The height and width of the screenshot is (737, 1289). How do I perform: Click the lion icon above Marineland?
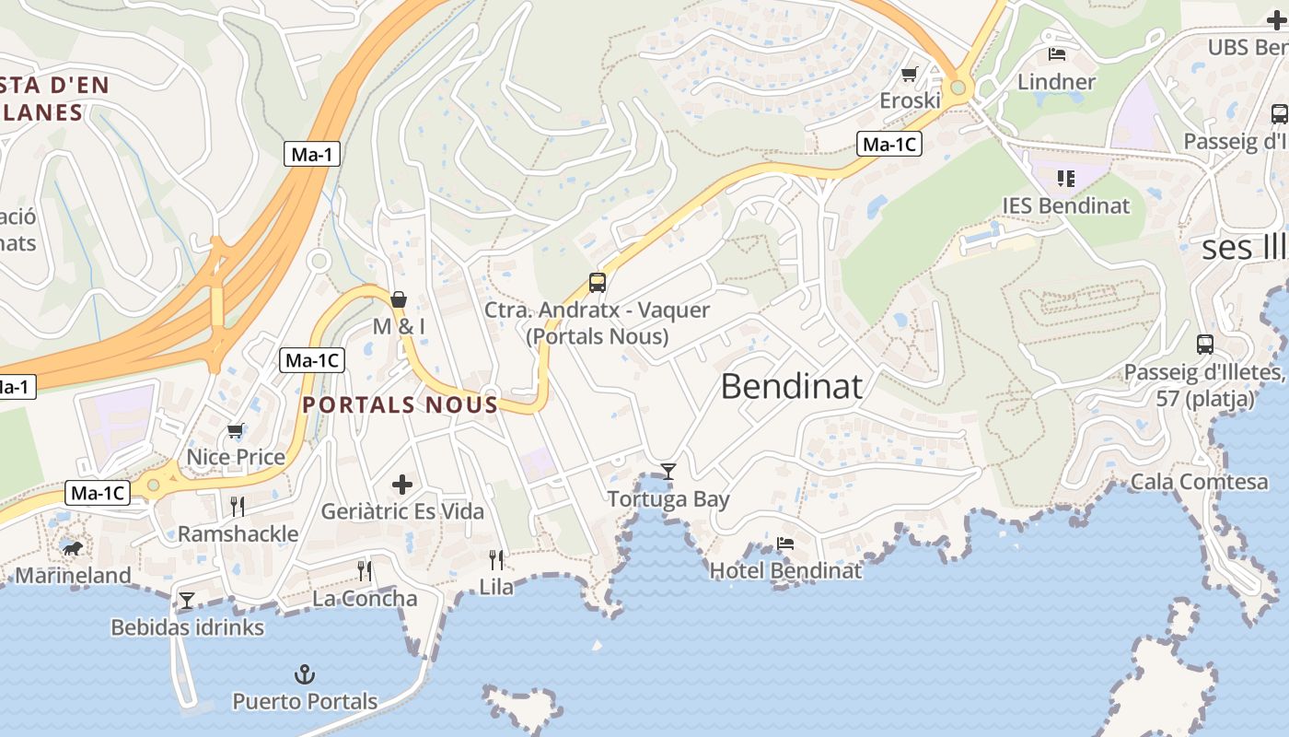click(72, 549)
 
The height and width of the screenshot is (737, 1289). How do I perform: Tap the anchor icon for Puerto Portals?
click(304, 674)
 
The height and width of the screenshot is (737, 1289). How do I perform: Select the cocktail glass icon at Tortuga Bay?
click(668, 472)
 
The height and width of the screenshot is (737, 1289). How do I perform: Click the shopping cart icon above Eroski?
click(910, 74)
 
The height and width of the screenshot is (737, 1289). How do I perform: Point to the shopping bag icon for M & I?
click(399, 299)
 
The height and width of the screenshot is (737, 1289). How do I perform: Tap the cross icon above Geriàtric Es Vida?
click(402, 484)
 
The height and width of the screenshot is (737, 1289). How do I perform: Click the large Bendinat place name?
click(792, 386)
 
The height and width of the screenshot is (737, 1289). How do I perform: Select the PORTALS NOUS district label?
click(401, 404)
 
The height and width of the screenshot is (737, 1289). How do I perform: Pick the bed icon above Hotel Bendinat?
click(785, 544)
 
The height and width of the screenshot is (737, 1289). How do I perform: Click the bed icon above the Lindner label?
click(1057, 54)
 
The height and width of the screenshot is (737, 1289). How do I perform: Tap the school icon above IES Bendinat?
click(1066, 179)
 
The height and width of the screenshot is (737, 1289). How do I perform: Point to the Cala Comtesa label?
click(1199, 481)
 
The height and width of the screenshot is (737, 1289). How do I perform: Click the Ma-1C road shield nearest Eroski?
click(888, 144)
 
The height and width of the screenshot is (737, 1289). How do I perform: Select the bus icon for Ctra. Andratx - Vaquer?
click(598, 283)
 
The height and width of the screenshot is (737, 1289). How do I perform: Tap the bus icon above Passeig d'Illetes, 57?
click(1205, 345)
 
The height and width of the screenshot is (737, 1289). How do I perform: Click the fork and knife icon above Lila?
click(496, 559)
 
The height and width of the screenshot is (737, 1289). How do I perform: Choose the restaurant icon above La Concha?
click(365, 571)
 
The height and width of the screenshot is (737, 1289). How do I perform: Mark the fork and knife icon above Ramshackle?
click(238, 506)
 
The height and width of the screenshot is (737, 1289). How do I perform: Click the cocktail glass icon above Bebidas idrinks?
click(187, 601)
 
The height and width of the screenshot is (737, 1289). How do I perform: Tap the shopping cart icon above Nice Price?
click(236, 430)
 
